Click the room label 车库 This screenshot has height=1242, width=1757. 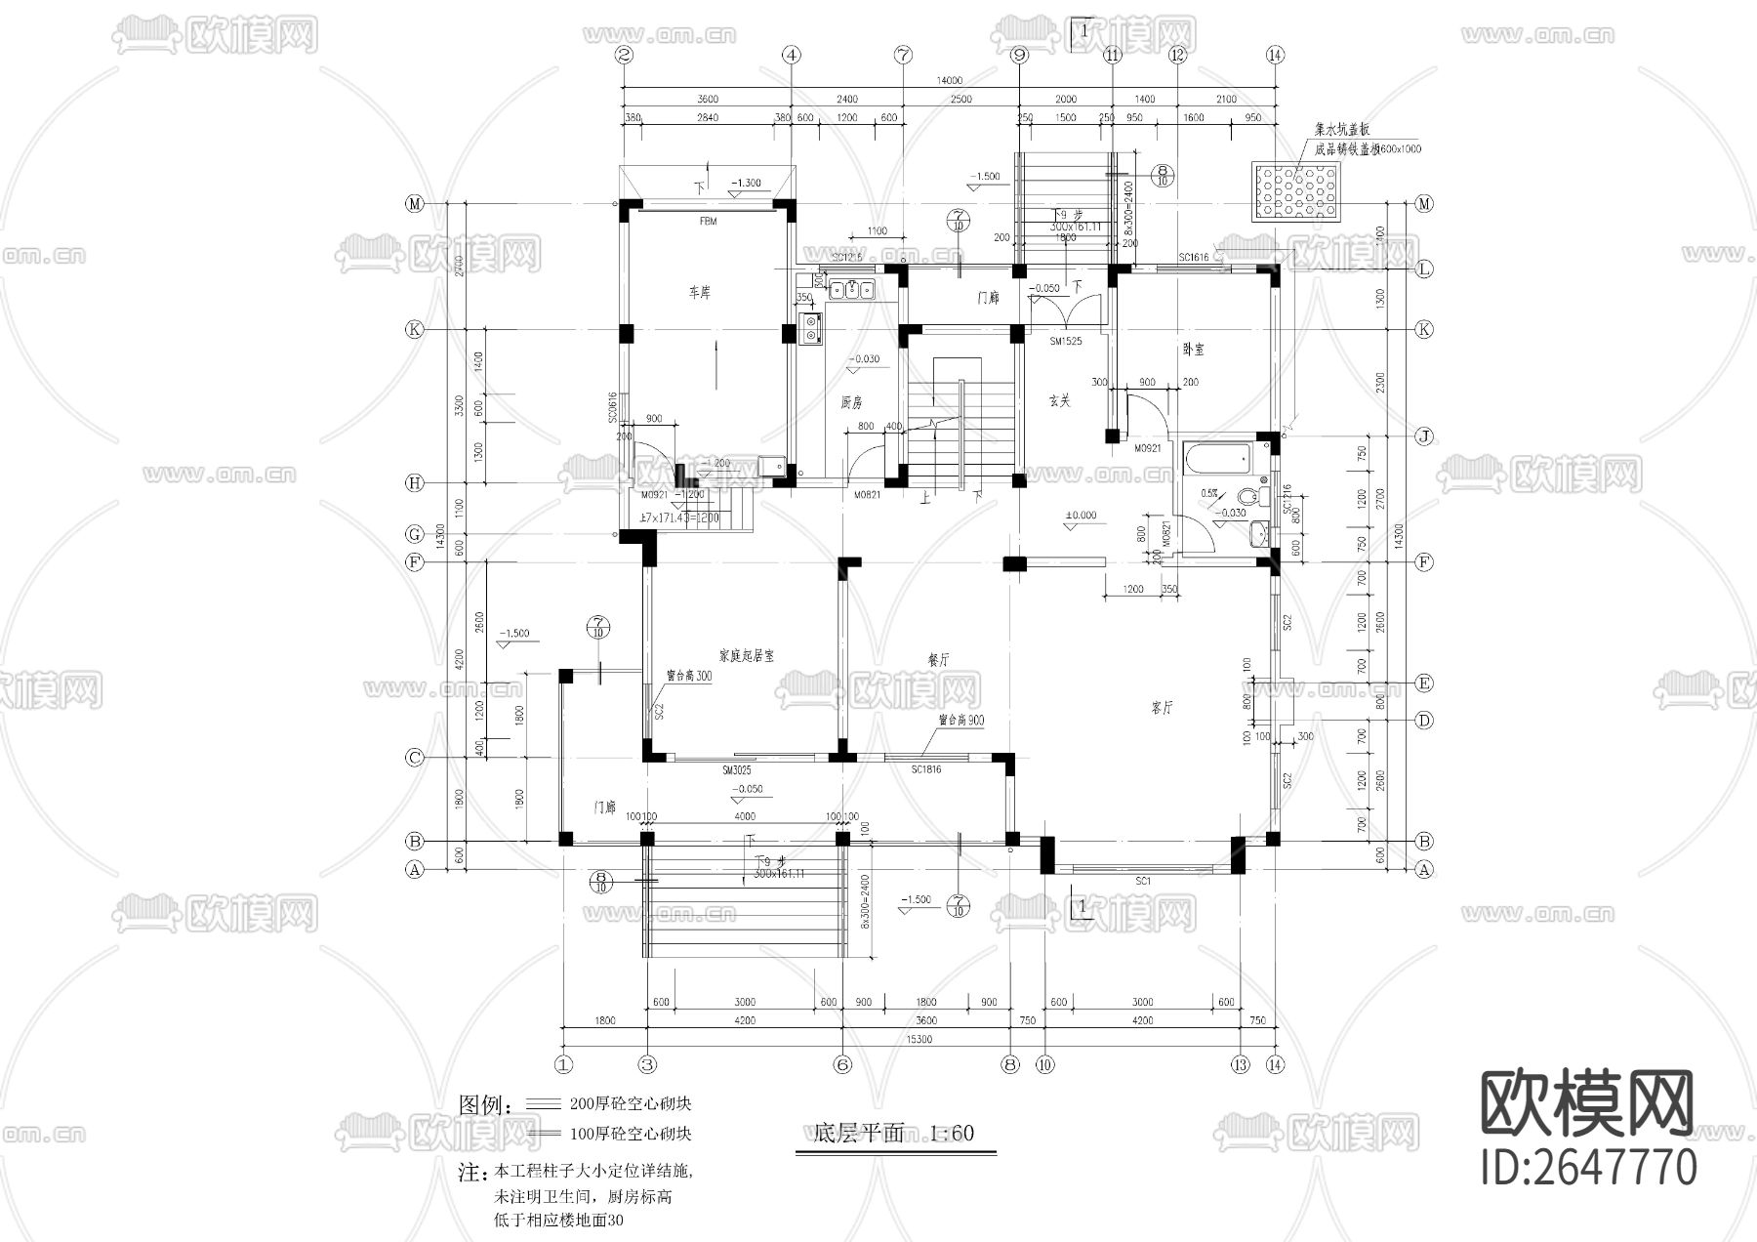pos(699,293)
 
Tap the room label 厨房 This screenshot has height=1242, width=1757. pos(851,402)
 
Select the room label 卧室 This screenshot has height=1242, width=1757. pos(1193,349)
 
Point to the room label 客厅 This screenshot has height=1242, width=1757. pos(1162,708)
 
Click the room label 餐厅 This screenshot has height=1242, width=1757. pos(938,660)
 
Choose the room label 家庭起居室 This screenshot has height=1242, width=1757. pos(746,656)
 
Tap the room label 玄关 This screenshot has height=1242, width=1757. pos(1060,400)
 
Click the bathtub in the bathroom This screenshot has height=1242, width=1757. pos(1217,458)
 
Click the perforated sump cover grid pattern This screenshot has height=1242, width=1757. pos(1297,191)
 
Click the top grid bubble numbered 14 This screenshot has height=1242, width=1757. pos(1274,56)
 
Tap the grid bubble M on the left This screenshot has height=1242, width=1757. pos(415,204)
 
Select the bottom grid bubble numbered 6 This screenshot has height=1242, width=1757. pos(843,1064)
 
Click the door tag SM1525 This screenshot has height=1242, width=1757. pos(1065,342)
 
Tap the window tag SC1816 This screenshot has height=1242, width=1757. pos(925,770)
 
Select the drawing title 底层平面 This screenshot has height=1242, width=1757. pos(858,1134)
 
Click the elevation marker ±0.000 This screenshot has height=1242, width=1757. pos(1081,516)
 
